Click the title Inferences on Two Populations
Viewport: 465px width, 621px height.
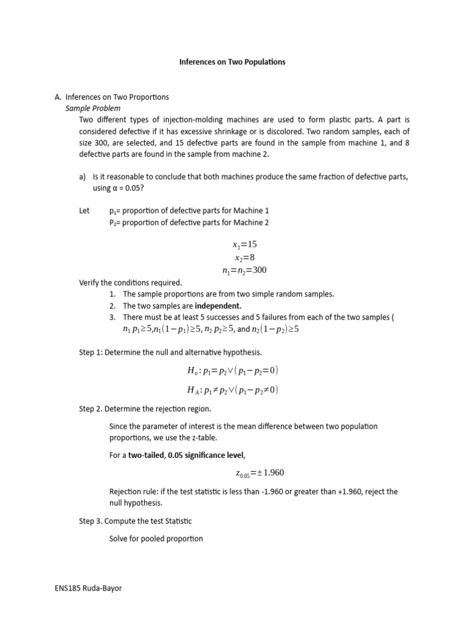pyautogui.click(x=232, y=62)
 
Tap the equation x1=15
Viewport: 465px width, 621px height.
pyautogui.click(x=245, y=244)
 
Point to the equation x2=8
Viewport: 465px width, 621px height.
pyautogui.click(x=245, y=257)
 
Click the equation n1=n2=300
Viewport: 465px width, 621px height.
pyautogui.click(x=245, y=270)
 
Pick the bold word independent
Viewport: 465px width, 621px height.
pyautogui.click(x=218, y=306)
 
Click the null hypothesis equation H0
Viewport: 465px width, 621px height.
pyautogui.click(x=233, y=371)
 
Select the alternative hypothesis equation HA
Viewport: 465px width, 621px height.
pyautogui.click(x=233, y=389)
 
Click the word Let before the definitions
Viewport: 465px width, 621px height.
pyautogui.click(x=85, y=210)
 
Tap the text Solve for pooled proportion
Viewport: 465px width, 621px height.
pyautogui.click(x=156, y=538)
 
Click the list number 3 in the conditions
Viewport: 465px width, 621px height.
pyautogui.click(x=113, y=317)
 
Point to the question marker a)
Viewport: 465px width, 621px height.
pyautogui.click(x=82, y=176)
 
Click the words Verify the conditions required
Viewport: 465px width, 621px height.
pyautogui.click(x=130, y=283)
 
